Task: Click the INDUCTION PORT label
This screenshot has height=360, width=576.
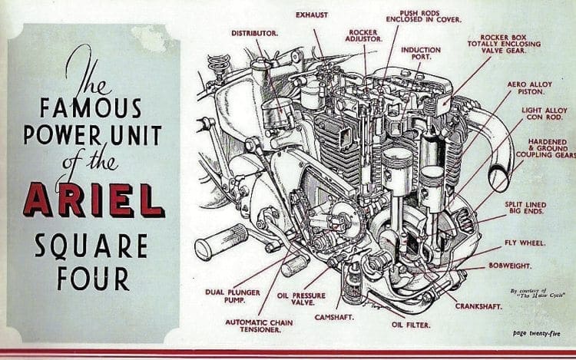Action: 421,54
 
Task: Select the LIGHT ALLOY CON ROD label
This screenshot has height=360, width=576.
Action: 535,116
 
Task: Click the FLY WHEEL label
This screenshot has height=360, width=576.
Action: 525,243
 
